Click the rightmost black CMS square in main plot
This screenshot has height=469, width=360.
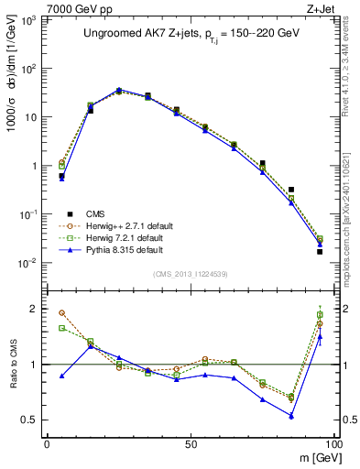[320, 252]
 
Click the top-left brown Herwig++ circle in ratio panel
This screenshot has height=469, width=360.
[62, 312]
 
